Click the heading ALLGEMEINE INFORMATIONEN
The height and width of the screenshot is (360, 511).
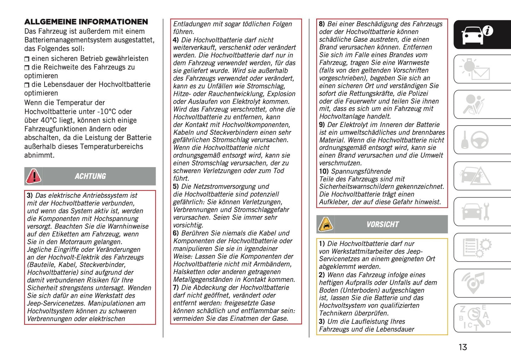[x=86, y=22]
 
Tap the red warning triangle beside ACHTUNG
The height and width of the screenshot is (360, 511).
[x=34, y=176]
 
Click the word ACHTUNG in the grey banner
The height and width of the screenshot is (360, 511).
[x=90, y=176]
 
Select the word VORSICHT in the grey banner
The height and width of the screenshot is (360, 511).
[x=382, y=225]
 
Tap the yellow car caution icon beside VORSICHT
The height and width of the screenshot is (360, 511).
[x=325, y=225]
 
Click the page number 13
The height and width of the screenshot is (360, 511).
[x=463, y=347]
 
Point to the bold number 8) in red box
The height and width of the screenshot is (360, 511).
[x=321, y=24]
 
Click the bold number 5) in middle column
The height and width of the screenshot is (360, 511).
[x=176, y=186]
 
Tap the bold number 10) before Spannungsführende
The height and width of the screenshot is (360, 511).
[x=324, y=171]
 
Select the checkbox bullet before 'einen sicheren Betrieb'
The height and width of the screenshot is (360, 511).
[x=27, y=59]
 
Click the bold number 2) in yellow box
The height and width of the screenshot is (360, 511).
[x=321, y=275]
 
